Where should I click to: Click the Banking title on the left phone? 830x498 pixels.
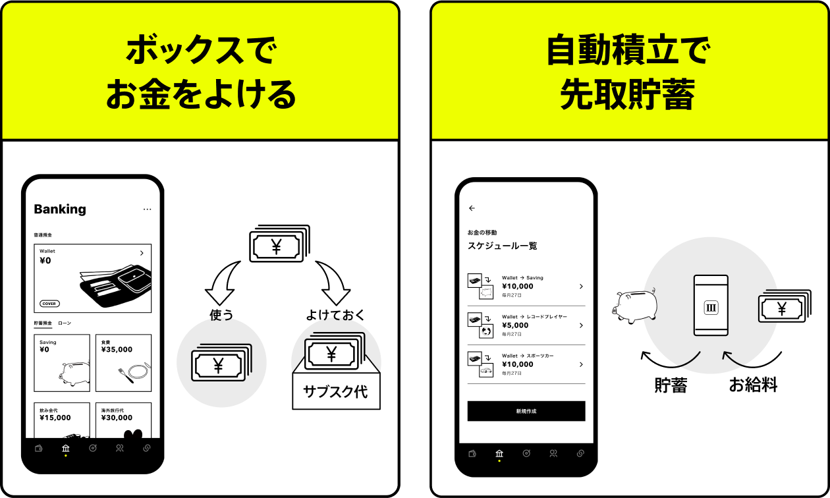tap(60, 209)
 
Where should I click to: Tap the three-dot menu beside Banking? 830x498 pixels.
tap(147, 209)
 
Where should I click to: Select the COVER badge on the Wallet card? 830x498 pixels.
tap(49, 304)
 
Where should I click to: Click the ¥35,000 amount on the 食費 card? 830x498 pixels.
tap(117, 350)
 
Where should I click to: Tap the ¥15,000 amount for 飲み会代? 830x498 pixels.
tap(55, 418)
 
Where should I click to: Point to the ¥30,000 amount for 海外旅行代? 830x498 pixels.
tap(117, 418)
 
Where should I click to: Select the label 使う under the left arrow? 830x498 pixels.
tap(221, 315)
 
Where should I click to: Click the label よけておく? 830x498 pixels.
tap(335, 315)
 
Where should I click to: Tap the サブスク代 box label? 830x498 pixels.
tap(335, 391)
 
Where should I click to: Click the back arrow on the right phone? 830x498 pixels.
tap(472, 208)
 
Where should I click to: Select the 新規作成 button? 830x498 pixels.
tap(526, 411)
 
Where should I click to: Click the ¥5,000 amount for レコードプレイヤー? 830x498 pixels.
tap(515, 325)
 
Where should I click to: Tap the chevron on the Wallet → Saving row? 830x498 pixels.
tap(580, 286)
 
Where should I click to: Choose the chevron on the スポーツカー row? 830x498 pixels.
tap(580, 364)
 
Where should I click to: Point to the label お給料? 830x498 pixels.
tap(753, 385)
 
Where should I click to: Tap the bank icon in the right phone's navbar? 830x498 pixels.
tap(499, 453)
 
